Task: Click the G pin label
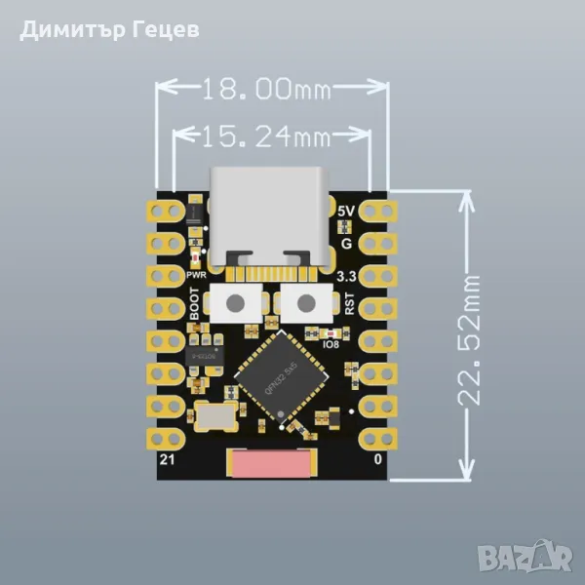[x=346, y=243]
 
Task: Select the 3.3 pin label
[x=345, y=277]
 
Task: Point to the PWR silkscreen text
[x=196, y=277]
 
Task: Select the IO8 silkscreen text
[x=329, y=343]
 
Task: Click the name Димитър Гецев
[x=109, y=29]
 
